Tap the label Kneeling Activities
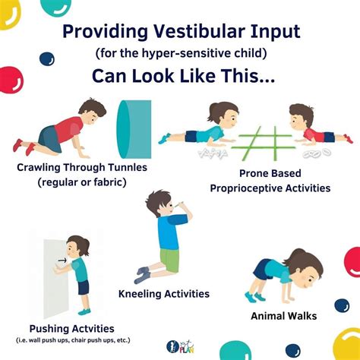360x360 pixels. (164, 293)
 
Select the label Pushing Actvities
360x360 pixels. (69, 329)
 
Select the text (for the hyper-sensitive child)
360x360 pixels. (180, 55)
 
